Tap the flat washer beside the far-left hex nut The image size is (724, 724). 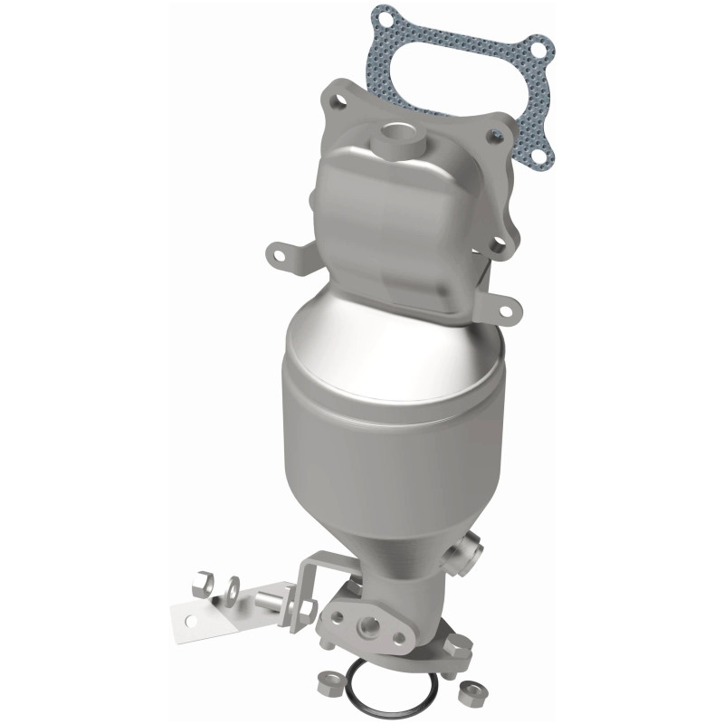(x=231, y=586)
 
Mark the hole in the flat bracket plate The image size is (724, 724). (x=191, y=619)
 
